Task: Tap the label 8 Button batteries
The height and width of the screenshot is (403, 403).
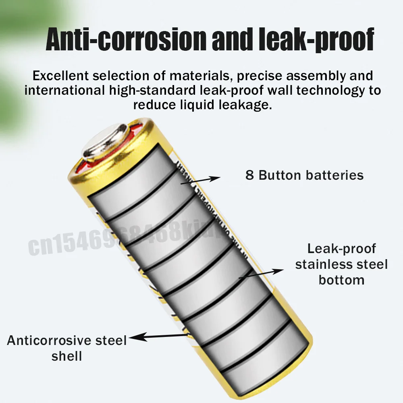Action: click(x=304, y=175)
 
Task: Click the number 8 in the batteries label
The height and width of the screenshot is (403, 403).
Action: click(x=249, y=175)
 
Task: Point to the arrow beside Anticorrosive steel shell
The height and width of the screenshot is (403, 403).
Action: click(x=157, y=337)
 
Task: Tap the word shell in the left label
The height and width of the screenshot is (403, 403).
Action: click(x=67, y=356)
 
